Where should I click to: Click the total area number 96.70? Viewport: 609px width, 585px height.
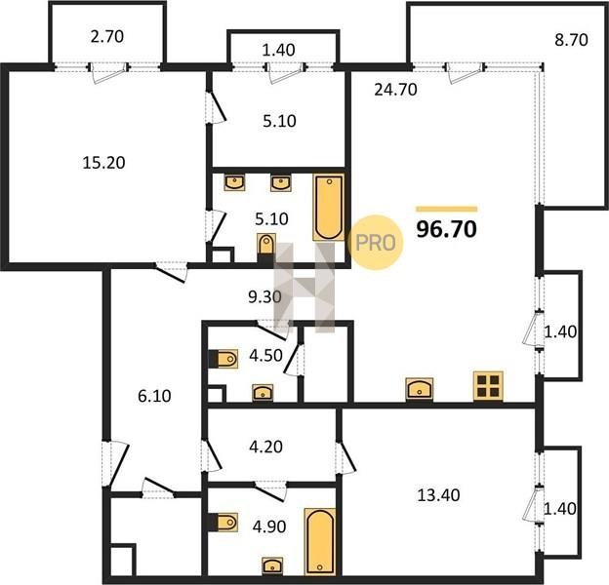(446, 229)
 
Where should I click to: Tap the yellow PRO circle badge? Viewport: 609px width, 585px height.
(376, 243)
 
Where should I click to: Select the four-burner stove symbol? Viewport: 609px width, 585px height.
(488, 386)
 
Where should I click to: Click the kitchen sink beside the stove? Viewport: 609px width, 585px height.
(420, 389)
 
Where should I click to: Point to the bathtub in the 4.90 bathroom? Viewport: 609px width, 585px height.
(320, 541)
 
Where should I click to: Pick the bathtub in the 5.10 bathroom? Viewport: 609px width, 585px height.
(329, 207)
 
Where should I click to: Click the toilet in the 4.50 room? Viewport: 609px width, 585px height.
(223, 359)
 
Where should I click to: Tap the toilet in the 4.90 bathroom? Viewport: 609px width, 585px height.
(223, 522)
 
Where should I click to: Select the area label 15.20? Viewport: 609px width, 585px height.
(103, 163)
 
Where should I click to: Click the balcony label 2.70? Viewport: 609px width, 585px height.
(107, 36)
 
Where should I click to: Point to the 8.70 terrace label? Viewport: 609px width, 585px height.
(571, 40)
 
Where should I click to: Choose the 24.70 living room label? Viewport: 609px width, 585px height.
(396, 90)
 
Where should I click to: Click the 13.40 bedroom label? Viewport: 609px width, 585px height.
(438, 495)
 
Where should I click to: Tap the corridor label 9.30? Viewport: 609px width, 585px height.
(264, 297)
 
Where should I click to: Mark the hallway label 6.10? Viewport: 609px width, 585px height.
(154, 396)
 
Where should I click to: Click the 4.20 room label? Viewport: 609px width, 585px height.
(265, 447)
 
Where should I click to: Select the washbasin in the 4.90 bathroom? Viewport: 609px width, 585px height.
(272, 566)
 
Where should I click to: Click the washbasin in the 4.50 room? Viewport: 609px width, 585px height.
(263, 393)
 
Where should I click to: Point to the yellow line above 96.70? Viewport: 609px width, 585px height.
(447, 209)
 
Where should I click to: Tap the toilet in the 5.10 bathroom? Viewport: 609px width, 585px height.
(266, 245)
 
